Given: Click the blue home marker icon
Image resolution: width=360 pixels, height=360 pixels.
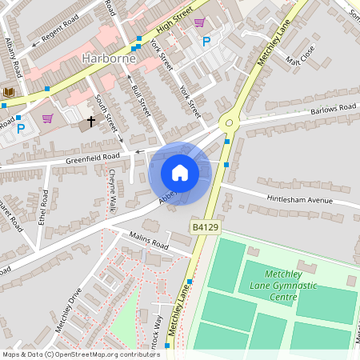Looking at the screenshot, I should coord(180,173).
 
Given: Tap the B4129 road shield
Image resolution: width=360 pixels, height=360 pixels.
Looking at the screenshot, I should coord(205,228).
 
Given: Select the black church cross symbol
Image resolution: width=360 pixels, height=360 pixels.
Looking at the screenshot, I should coord(90,122).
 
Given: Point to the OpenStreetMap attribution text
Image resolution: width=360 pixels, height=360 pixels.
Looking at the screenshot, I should coord(81,354).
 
